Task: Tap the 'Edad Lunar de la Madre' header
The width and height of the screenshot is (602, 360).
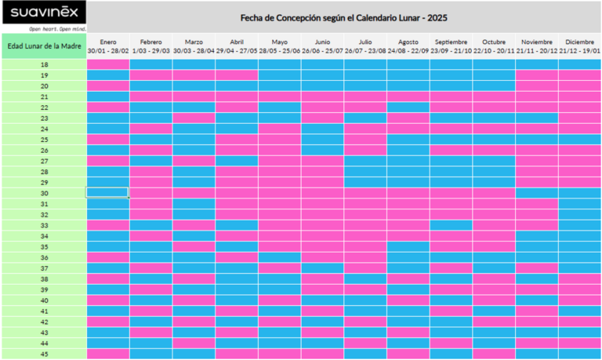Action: coord(43,45)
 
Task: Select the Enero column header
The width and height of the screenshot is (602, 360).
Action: coord(108,42)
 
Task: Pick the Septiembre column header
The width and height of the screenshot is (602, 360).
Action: coord(451,42)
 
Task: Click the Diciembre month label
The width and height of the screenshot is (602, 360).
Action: coord(580,42)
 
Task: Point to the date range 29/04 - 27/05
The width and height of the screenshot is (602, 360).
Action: coord(237,50)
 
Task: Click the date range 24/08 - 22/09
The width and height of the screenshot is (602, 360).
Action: coord(408,50)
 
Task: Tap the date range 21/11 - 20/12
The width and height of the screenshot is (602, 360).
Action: coord(537,50)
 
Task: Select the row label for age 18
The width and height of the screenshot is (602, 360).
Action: coord(44,64)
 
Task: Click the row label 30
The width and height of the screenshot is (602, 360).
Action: coord(44,193)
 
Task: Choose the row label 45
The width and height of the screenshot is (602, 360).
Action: coord(44,354)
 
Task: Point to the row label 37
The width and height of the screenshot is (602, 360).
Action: coord(44,268)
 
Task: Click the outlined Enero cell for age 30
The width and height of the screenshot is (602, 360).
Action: coord(108,193)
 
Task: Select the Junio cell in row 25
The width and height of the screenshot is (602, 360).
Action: coord(322,140)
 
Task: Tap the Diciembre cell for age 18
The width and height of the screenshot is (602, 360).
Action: coord(580,64)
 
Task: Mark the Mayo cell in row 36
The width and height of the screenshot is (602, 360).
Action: coord(280,257)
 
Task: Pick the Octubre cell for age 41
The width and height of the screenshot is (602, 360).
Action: coord(494,311)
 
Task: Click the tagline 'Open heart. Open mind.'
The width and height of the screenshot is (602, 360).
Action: coord(56,28)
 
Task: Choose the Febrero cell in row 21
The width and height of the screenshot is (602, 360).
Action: coord(151,96)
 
